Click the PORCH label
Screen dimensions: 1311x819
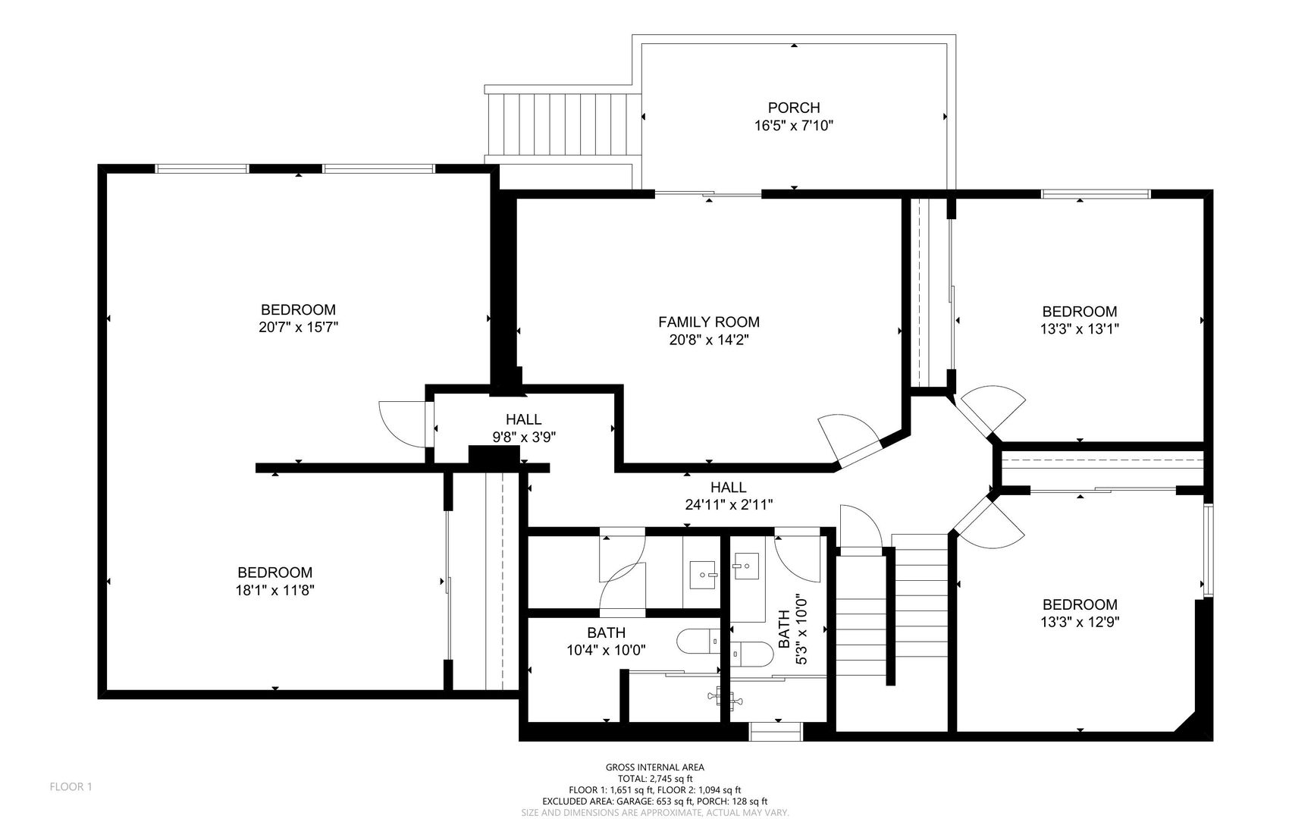794,108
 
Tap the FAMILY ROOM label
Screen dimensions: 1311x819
709,322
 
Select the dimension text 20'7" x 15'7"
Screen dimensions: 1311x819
298,328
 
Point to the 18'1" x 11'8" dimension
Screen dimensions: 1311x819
274,590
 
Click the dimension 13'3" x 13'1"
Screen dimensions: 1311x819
1080,329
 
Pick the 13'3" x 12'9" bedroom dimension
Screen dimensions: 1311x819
1080,622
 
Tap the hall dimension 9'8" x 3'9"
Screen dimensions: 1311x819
524,437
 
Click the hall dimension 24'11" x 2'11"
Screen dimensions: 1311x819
729,504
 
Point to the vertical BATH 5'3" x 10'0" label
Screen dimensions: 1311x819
791,629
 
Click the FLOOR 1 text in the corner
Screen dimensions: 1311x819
71,787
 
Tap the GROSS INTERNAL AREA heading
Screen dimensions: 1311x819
655,767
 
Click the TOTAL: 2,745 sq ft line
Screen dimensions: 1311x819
655,778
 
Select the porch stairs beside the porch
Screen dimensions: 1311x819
562,124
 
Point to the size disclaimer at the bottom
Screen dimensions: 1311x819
655,812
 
